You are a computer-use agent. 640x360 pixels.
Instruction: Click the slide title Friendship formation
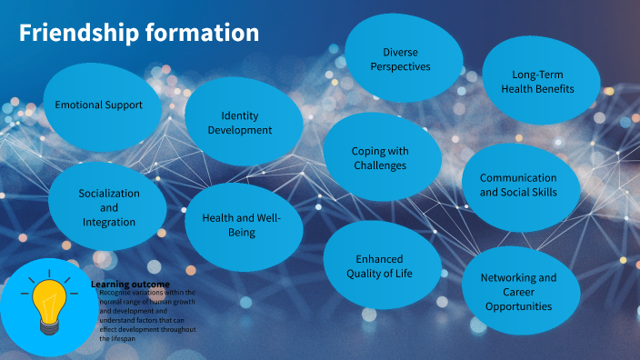click(139, 34)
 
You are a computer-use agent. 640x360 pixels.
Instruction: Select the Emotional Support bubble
click(99, 105)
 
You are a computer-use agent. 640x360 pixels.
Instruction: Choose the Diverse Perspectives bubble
click(400, 59)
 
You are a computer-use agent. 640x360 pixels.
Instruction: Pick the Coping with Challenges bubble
click(380, 157)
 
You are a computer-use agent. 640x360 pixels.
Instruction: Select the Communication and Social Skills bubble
click(518, 185)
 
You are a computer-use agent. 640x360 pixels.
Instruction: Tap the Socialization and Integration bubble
click(108, 207)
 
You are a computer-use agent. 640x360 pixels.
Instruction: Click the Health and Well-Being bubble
click(243, 225)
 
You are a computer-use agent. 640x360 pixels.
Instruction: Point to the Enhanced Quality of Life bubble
click(379, 265)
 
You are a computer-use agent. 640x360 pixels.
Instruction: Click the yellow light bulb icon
click(47, 305)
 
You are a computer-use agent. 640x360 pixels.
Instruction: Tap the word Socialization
click(109, 194)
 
